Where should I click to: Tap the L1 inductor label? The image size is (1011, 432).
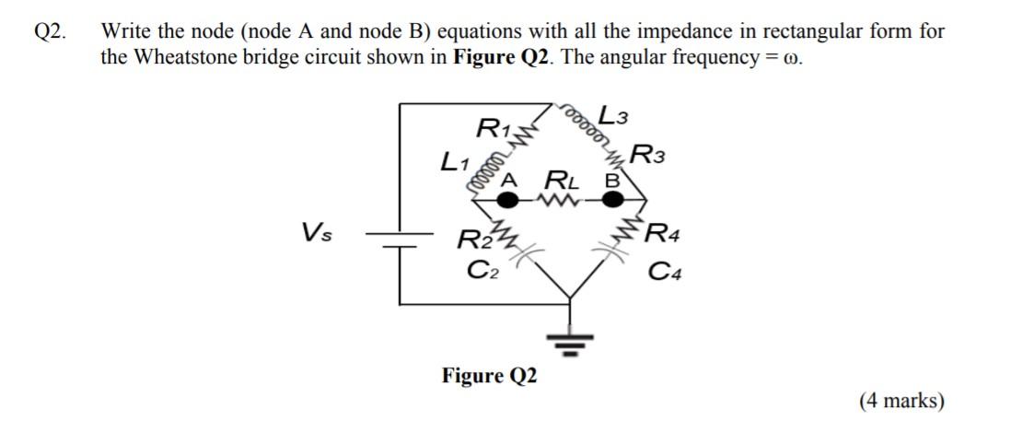click(455, 164)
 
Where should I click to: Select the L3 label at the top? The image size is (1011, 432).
click(613, 116)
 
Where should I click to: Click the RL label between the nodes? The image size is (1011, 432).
click(560, 178)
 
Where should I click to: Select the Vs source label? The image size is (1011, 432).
click(318, 231)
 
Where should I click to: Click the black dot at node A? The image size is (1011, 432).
click(505, 197)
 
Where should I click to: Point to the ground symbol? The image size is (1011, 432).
click(570, 346)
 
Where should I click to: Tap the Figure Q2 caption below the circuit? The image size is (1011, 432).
click(490, 376)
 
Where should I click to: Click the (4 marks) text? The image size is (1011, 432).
click(901, 401)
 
